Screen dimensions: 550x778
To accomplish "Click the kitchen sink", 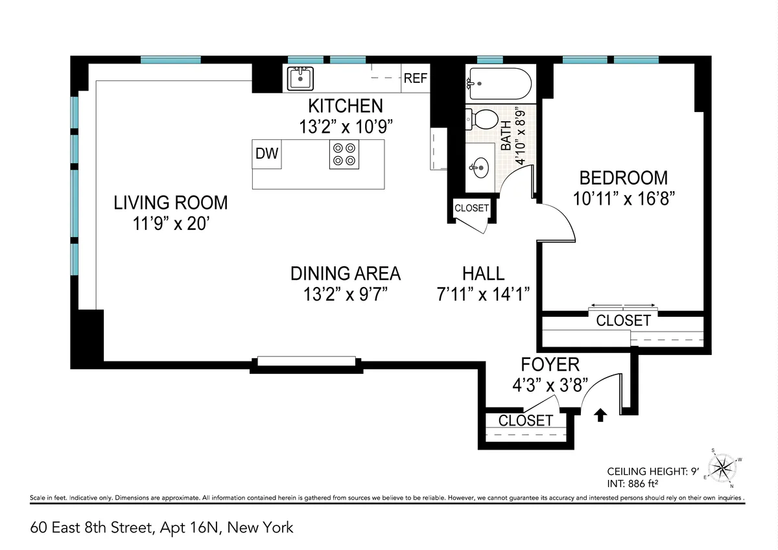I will click(x=300, y=78).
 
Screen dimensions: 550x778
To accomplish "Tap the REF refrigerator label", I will click(x=416, y=78).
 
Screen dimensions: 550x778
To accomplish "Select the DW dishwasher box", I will click(x=267, y=154).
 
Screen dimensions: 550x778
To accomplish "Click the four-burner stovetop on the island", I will click(x=344, y=154).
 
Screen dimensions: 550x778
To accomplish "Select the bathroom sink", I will click(x=480, y=168).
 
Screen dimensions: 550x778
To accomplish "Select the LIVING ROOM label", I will click(x=171, y=203).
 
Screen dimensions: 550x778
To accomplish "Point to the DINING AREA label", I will click(x=345, y=273).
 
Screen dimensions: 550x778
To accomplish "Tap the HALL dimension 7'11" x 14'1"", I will click(x=484, y=294).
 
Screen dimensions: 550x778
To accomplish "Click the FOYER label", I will click(x=550, y=365).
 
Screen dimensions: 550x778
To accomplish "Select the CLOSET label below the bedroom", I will click(x=623, y=320).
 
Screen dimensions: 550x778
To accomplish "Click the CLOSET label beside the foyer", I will click(x=525, y=420).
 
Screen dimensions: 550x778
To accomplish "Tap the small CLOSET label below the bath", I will click(x=471, y=209).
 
